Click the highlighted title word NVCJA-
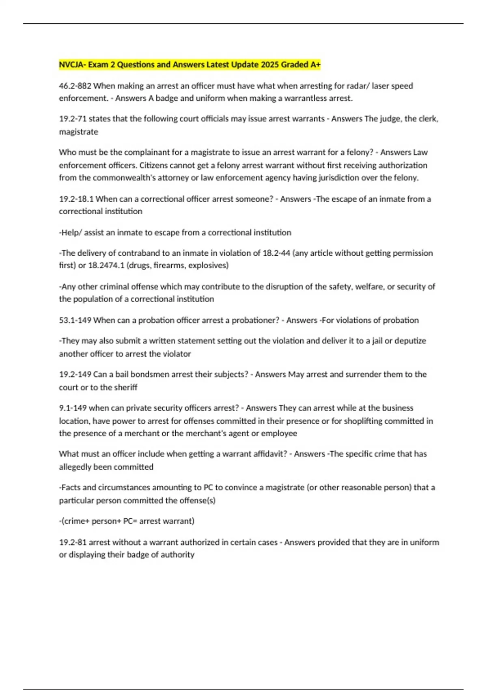click(x=72, y=65)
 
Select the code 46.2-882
click(x=75, y=86)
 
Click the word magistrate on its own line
click(x=78, y=132)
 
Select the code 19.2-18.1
click(x=76, y=199)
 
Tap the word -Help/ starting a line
click(x=71, y=233)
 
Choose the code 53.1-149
click(x=75, y=320)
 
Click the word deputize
click(x=410, y=341)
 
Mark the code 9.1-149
click(x=73, y=408)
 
